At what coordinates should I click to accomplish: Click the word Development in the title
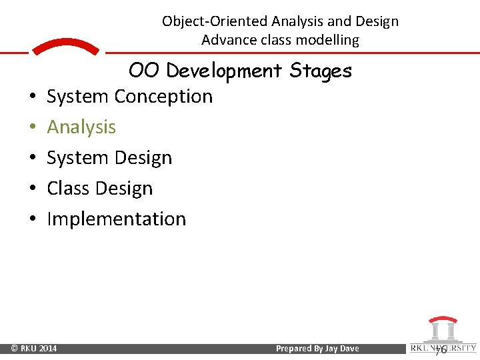click(225, 71)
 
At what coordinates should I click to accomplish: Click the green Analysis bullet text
click(81, 127)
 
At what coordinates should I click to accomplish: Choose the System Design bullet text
click(109, 158)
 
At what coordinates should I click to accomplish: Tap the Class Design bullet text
click(100, 189)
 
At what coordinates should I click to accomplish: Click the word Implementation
click(117, 219)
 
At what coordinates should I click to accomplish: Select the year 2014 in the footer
click(47, 349)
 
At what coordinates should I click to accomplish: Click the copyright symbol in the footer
click(15, 349)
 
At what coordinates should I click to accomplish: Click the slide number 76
click(440, 349)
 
